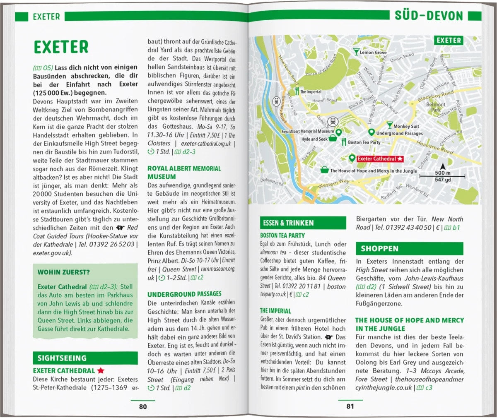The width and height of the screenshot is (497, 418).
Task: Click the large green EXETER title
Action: click(x=61, y=47)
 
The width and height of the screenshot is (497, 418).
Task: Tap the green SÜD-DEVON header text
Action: click(x=429, y=16)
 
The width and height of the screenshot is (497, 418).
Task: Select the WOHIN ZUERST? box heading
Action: click(x=63, y=272)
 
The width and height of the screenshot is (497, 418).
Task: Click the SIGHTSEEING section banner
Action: click(x=62, y=358)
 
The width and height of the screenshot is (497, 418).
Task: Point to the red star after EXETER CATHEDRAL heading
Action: click(x=101, y=370)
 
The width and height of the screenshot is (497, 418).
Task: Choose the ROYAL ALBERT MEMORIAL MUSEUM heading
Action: click(x=184, y=173)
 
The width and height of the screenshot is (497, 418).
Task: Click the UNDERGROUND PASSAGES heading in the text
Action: click(x=184, y=294)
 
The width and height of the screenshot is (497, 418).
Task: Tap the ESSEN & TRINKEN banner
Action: click(x=288, y=223)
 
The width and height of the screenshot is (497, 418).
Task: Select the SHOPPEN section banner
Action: click(x=379, y=249)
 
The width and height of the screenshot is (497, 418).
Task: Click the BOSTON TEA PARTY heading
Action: click(x=282, y=235)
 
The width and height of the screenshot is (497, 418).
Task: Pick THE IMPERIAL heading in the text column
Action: click(x=275, y=311)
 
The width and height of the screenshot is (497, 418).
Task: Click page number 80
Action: click(x=143, y=406)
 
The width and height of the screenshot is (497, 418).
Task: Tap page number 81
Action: click(x=350, y=406)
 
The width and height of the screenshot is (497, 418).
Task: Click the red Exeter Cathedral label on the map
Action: click(x=376, y=159)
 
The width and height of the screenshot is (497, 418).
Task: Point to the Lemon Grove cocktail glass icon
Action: click(x=356, y=51)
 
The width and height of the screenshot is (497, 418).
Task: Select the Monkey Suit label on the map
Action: click(x=406, y=126)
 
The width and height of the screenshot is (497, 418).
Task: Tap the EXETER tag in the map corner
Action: click(x=449, y=41)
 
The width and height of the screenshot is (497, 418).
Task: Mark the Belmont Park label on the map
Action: click(x=436, y=107)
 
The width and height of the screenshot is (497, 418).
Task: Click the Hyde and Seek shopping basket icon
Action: click(x=333, y=139)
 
